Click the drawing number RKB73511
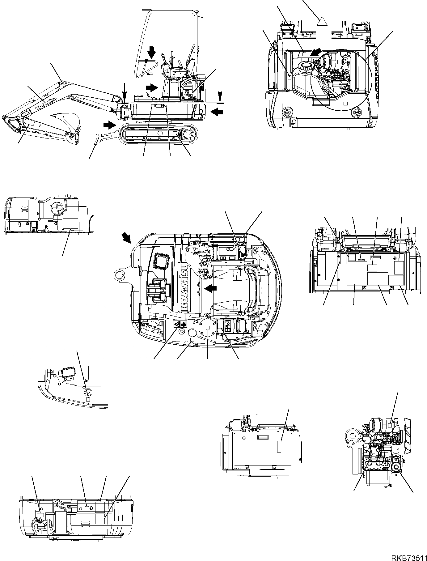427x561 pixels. tap(408, 556)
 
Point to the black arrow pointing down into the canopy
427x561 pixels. tap(152, 52)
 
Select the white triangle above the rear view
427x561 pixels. tap(322, 21)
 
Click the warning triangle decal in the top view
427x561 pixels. tap(177, 325)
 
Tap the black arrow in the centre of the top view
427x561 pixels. tap(211, 288)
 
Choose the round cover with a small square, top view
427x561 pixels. tap(208, 328)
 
